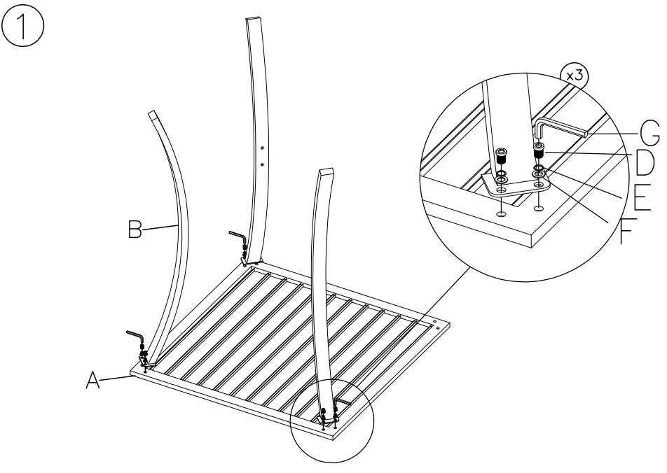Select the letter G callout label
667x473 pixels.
point(649,130)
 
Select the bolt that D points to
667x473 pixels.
point(539,150)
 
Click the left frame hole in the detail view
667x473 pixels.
point(502,213)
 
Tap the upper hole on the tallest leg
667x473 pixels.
point(262,148)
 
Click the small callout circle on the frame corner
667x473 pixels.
point(334,420)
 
